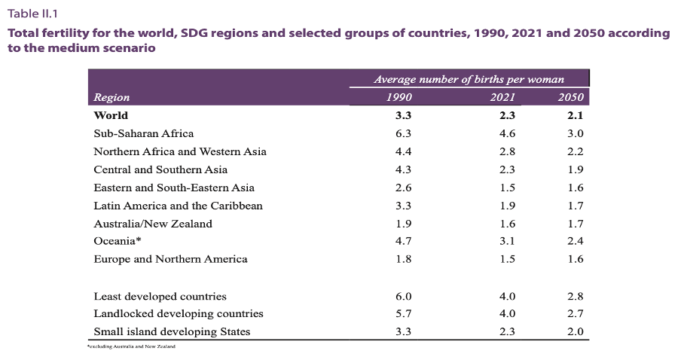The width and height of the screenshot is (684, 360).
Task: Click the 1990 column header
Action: [398, 97]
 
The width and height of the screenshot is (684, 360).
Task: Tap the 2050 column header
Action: [571, 97]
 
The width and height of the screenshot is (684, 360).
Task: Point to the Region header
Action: [111, 97]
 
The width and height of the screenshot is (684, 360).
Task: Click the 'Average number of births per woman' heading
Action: [469, 79]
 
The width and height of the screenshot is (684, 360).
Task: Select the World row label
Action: [111, 115]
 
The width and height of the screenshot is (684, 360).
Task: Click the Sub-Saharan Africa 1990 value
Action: [404, 133]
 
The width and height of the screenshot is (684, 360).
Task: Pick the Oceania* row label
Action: [118, 241]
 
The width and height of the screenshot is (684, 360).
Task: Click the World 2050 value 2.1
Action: [576, 115]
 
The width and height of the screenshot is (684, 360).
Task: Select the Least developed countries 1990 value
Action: [404, 296]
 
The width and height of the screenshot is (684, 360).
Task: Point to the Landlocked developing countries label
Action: [178, 313]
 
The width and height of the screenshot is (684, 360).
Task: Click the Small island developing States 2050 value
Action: [576, 331]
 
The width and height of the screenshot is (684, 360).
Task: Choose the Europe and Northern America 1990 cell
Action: [404, 259]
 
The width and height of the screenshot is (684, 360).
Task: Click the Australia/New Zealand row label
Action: [152, 224]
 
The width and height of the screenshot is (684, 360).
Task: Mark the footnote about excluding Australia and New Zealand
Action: [131, 346]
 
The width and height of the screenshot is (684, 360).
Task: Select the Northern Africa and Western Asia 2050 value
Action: [576, 151]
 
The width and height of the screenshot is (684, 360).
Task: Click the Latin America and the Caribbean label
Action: [178, 206]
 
